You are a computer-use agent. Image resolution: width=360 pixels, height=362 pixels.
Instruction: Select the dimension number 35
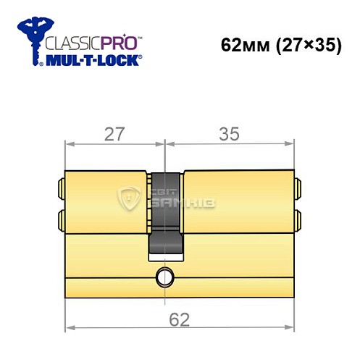click(x=230, y=134)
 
